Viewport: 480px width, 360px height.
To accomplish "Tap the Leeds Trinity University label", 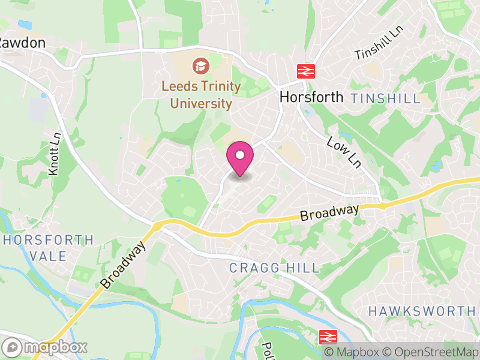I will click(x=201, y=95).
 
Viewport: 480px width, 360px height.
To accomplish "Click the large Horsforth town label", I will click(x=311, y=97).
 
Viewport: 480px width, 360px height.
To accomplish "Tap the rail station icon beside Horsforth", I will click(x=306, y=71).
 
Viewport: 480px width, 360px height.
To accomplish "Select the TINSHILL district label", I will click(x=386, y=99).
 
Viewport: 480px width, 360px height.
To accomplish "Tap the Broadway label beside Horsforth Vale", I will click(x=124, y=265).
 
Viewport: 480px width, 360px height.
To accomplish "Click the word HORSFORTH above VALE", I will click(x=49, y=241).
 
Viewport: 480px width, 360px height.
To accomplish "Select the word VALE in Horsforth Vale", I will click(x=49, y=256).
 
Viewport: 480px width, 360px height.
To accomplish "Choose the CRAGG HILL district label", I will click(x=275, y=268).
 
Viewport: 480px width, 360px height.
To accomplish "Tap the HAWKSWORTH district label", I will click(x=422, y=311).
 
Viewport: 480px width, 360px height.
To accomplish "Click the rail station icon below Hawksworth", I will click(x=328, y=337).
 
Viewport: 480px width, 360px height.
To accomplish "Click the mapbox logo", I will click(x=45, y=347).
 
